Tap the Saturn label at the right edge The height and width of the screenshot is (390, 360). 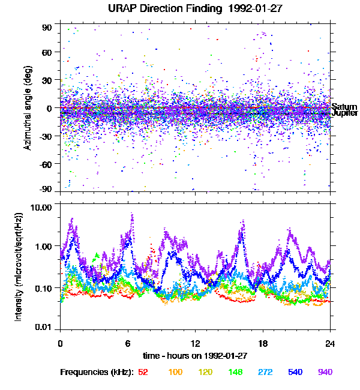343,106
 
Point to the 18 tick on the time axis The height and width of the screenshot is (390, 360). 263,344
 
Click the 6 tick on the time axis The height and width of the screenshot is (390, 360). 128,344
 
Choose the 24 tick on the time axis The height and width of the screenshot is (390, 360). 330,344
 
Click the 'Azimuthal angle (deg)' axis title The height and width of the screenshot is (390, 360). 27,109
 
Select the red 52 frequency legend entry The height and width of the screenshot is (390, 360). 143,373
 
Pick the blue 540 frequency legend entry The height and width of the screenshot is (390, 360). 295,373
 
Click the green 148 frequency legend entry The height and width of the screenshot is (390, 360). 235,373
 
